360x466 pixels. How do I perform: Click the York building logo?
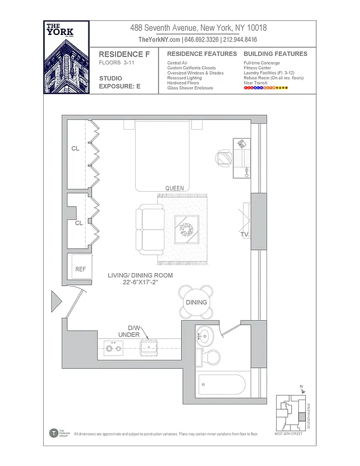click(x=66, y=57)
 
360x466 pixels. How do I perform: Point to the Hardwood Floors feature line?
click(x=183, y=83)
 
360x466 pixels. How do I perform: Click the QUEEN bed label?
click(x=174, y=188)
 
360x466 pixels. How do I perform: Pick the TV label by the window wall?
click(x=244, y=234)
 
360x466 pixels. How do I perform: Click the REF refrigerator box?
click(x=80, y=269)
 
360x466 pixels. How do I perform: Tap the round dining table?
click(x=196, y=301)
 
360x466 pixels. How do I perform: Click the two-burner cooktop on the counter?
click(x=112, y=349)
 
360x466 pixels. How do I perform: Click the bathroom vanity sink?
click(x=206, y=337)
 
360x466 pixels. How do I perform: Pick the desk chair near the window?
click(x=224, y=157)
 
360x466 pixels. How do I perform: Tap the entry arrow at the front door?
click(x=57, y=301)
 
